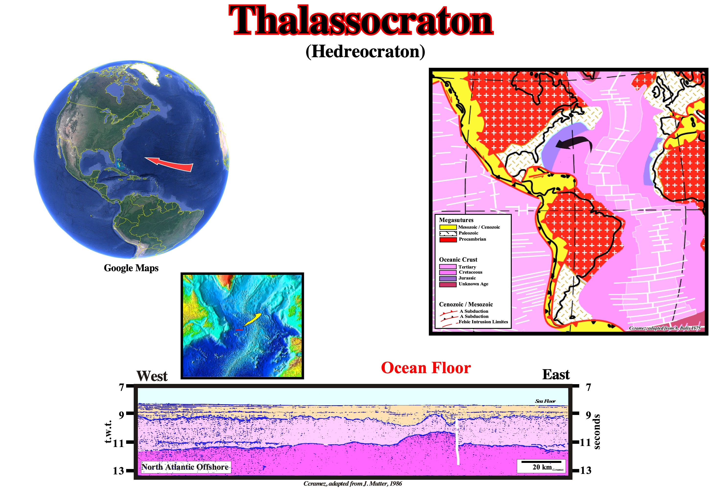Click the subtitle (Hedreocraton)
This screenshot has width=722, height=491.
pos(365,51)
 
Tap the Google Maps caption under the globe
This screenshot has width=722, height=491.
pos(131,268)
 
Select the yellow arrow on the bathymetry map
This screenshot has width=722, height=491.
pos(252,319)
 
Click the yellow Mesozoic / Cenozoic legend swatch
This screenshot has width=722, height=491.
pos(448,227)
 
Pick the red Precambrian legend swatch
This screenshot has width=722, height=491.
pos(448,240)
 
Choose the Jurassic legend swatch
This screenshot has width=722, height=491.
pos(448,279)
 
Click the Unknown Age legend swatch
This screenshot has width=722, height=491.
pos(448,284)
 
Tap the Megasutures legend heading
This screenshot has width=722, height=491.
pos(456,220)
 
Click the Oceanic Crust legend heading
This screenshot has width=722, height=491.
pos(458,259)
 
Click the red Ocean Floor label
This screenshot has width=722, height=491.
pos(426,368)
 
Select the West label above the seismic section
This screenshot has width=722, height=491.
pos(152,376)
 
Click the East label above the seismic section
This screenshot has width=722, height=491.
pos(556,374)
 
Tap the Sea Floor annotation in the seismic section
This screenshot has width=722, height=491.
pos(545,401)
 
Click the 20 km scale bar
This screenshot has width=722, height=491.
pos(541,462)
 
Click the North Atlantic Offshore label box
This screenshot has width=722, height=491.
pos(186,467)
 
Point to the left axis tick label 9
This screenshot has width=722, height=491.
pos(121,414)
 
